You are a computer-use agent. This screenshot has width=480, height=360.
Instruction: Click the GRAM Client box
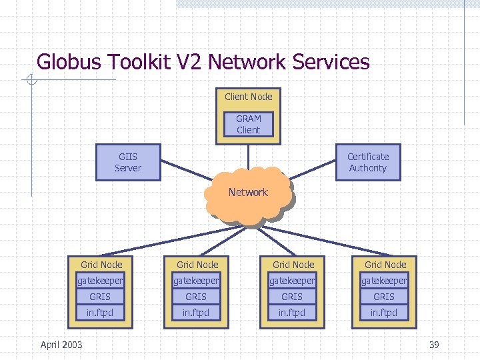pos(248,125)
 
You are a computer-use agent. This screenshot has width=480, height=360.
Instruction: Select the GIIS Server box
pos(128,163)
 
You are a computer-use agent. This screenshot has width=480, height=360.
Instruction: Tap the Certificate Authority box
pos(368,163)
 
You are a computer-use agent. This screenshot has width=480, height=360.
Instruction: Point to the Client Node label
pos(248,97)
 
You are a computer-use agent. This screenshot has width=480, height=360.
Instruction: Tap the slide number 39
pos(434,345)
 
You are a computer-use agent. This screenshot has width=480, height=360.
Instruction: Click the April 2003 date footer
pos(61,345)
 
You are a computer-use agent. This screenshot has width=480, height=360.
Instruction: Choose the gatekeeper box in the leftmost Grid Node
pos(100,281)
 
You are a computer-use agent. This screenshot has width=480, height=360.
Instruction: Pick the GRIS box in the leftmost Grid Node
pos(100,297)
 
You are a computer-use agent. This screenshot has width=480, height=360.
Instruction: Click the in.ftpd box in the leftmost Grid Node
pos(100,313)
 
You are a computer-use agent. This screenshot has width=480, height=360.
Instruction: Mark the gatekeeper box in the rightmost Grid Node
pos(384,281)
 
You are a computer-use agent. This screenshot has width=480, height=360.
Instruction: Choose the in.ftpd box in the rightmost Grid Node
pos(384,313)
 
